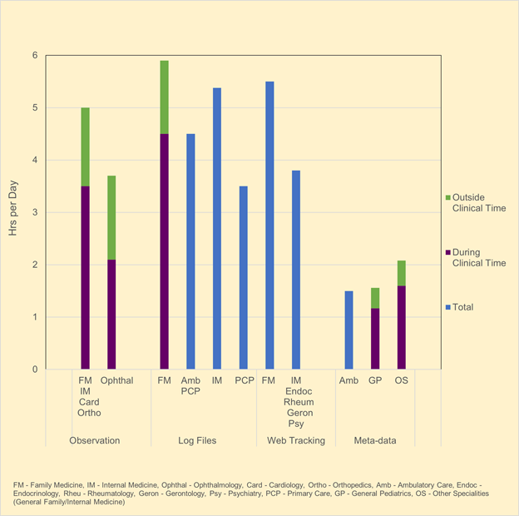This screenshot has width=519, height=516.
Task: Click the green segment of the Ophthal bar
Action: (111, 217)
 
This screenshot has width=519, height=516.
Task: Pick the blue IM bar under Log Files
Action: (217, 228)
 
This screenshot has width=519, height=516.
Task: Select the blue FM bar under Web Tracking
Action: (269, 225)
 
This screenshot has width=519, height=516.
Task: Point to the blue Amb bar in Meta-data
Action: (348, 330)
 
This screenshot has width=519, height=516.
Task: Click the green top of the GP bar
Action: (375, 298)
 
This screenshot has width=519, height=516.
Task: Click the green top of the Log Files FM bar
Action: (164, 97)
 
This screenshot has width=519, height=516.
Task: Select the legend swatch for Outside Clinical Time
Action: (447, 197)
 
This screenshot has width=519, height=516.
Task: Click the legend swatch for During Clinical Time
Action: (447, 252)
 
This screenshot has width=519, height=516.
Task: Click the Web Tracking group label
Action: (295, 440)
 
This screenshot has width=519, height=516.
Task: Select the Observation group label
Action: (95, 440)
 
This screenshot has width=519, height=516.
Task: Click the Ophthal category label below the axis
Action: (117, 380)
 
